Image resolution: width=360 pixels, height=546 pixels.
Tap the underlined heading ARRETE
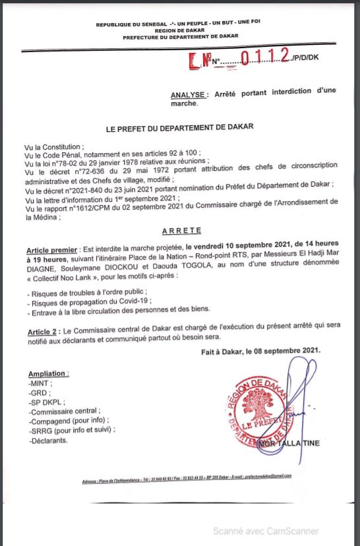[x=180, y=231]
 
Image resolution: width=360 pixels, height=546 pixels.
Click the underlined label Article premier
[x=51, y=251]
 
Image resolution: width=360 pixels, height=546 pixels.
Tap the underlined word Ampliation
[x=47, y=374]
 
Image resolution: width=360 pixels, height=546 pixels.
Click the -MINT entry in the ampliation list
[x=40, y=382]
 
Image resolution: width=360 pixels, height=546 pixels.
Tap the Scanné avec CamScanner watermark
[x=264, y=531]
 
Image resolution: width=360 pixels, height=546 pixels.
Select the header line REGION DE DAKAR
[x=179, y=31]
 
